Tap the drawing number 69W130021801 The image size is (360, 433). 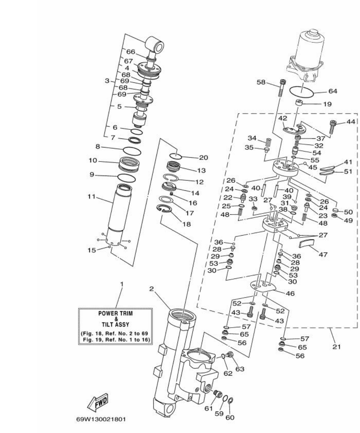click(101, 419)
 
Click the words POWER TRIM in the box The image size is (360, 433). click(115, 313)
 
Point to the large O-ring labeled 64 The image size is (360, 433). click(302, 91)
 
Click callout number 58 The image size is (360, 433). click(261, 82)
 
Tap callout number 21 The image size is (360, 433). click(336, 346)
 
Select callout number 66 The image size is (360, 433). click(130, 52)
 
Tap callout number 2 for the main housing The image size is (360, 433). click(152, 289)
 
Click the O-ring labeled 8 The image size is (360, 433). click(132, 150)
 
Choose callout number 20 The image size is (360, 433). click(203, 157)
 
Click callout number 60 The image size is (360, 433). click(230, 417)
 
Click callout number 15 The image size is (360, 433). click(92, 250)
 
